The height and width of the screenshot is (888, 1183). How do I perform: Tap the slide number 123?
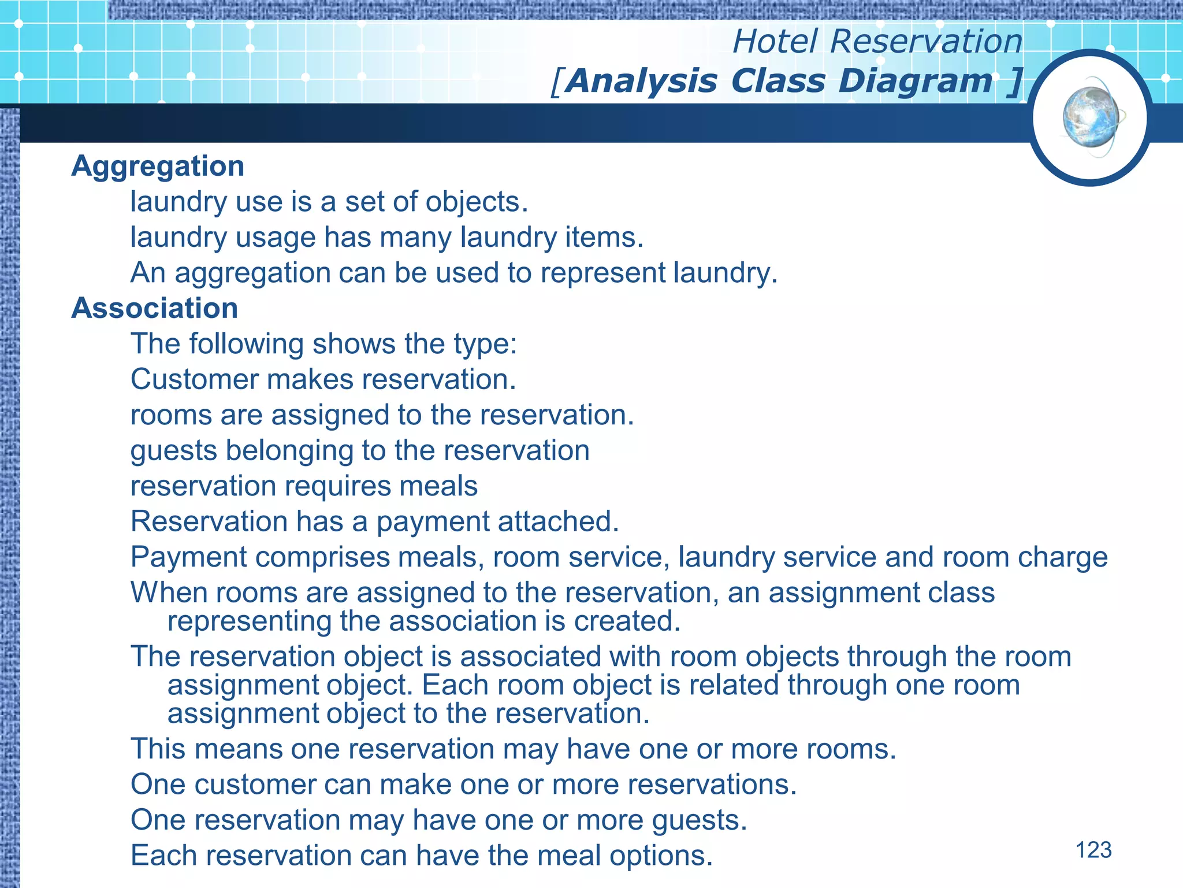1093,850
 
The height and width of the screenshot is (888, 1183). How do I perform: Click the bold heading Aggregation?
158,166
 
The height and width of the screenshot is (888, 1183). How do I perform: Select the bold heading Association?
154,308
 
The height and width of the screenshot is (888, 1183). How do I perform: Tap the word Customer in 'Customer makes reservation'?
194,380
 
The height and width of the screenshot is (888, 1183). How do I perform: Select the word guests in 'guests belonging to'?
173,452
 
